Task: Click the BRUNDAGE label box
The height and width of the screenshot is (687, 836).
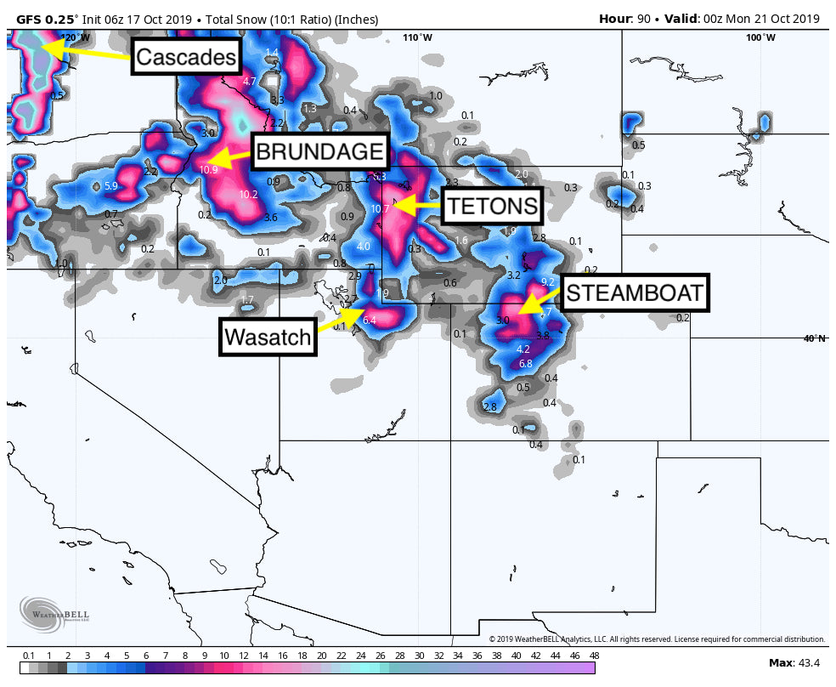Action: click(319, 152)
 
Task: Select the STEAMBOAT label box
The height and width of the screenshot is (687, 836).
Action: click(634, 293)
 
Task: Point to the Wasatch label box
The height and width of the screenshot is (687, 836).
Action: click(268, 337)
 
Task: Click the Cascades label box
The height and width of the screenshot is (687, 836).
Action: click(185, 57)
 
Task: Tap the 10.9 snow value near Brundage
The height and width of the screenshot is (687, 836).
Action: click(209, 169)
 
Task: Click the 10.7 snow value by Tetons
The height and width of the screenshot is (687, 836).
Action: click(380, 208)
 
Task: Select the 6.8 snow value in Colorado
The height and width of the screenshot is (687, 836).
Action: click(525, 364)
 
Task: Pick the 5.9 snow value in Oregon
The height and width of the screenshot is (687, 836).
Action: click(110, 186)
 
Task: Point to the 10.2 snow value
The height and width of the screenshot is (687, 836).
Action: click(248, 195)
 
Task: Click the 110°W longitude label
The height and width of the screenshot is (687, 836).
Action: click(417, 37)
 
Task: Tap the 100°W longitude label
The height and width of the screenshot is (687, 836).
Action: click(760, 37)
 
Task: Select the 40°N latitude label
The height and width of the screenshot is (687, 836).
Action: click(815, 338)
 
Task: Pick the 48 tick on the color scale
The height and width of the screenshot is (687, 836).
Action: click(594, 656)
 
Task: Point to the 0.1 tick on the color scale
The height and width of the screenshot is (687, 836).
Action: click(28, 656)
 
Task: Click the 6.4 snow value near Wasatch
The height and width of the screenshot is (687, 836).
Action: click(369, 321)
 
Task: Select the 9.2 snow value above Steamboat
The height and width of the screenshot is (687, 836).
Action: click(548, 281)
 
